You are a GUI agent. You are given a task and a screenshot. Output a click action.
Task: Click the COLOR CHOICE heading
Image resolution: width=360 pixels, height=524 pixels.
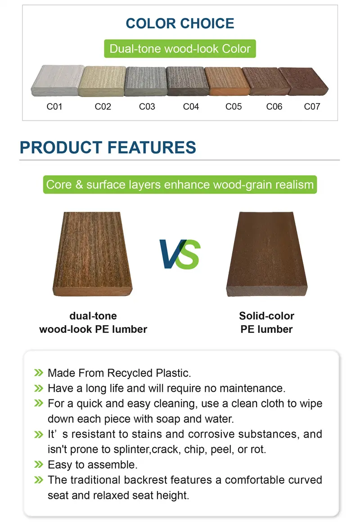click(180, 23)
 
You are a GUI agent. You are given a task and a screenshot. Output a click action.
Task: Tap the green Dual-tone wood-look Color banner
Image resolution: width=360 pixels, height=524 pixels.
click(180, 49)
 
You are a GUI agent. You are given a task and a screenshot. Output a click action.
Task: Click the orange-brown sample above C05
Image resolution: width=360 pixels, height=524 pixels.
click(227, 81)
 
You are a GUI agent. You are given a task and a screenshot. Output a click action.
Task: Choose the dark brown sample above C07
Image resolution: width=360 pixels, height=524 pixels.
click(303, 81)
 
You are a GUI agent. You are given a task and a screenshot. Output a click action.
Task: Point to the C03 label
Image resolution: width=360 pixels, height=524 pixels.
click(147, 107)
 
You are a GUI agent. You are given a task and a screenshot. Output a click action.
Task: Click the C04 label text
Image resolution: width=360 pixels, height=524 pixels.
click(191, 107)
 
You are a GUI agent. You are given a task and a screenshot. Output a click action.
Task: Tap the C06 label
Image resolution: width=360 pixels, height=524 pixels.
click(274, 107)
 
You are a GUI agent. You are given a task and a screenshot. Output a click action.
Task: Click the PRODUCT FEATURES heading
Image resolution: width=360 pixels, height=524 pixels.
click(108, 148)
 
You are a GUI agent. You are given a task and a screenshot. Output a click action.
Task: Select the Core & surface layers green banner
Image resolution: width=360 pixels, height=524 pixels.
click(180, 184)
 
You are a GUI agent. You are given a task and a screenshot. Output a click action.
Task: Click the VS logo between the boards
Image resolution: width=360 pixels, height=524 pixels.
click(180, 254)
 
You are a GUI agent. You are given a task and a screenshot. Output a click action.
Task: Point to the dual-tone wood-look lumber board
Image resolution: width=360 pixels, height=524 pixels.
click(93, 254)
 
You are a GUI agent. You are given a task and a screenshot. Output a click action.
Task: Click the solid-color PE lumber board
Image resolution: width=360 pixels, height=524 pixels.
click(267, 254)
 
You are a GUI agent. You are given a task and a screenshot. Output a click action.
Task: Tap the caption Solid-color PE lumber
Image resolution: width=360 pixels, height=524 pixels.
click(267, 322)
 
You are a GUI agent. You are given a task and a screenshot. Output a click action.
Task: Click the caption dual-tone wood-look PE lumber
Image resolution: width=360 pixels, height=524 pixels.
click(93, 322)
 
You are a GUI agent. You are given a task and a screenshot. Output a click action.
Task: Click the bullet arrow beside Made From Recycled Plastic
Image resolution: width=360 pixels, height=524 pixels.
click(39, 372)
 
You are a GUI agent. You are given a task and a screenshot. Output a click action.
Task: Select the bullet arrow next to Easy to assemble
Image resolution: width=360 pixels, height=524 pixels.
click(39, 465)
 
